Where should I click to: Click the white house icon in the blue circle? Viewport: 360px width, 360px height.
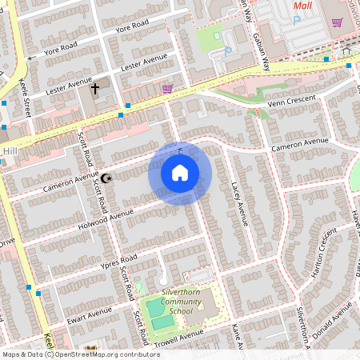(x=180, y=173)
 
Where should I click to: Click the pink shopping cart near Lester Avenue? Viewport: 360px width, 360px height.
(x=166, y=89)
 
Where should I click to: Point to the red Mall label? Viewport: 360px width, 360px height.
(x=302, y=6)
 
